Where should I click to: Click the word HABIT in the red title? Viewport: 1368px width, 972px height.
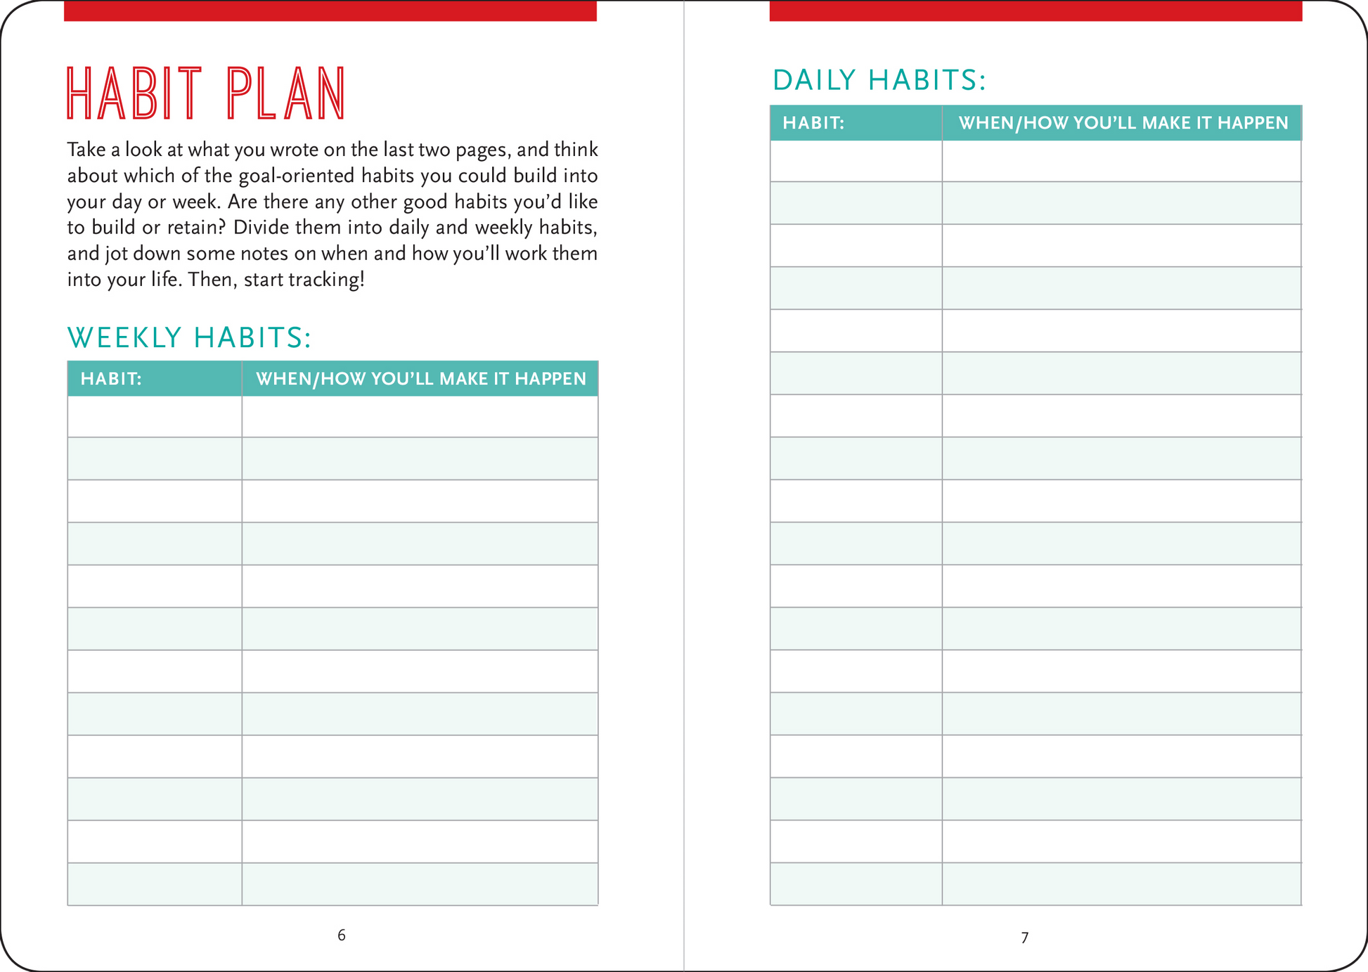[x=134, y=93]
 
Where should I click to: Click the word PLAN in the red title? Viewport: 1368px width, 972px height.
[x=286, y=93]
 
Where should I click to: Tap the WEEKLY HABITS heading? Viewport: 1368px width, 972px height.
[x=189, y=338]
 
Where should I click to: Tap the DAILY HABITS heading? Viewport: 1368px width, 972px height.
[x=879, y=80]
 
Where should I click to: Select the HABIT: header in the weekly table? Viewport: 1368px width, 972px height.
[x=111, y=379]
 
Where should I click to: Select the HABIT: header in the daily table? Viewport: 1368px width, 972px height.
[x=813, y=123]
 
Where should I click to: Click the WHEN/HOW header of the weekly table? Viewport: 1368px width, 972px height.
[x=420, y=379]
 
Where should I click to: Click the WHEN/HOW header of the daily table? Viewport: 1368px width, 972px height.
[x=1123, y=123]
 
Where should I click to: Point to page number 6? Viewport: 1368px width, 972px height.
[x=342, y=935]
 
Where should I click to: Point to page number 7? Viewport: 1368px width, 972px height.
[x=1025, y=937]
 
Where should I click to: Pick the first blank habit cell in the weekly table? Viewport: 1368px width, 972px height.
[x=155, y=417]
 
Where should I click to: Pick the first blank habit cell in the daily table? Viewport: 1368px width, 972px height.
[x=856, y=161]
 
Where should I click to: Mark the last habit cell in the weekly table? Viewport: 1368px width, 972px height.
[x=155, y=884]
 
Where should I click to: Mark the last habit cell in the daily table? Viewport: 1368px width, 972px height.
[x=856, y=884]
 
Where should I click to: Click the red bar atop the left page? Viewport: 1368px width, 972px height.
[x=330, y=11]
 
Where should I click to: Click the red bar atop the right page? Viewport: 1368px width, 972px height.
[x=1035, y=11]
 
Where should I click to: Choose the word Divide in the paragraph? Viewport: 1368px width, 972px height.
[x=261, y=228]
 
